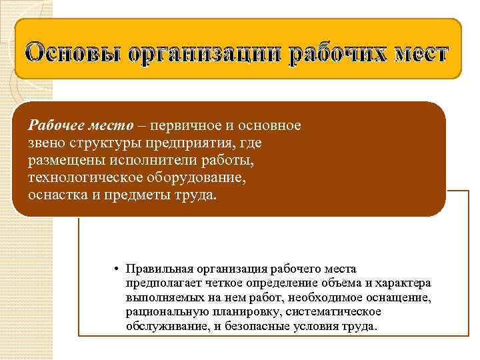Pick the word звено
pyautogui.click(x=45, y=143)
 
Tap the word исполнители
pyautogui.click(x=142, y=161)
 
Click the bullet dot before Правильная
pyautogui.click(x=115, y=269)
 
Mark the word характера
pyautogui.click(x=403, y=283)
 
